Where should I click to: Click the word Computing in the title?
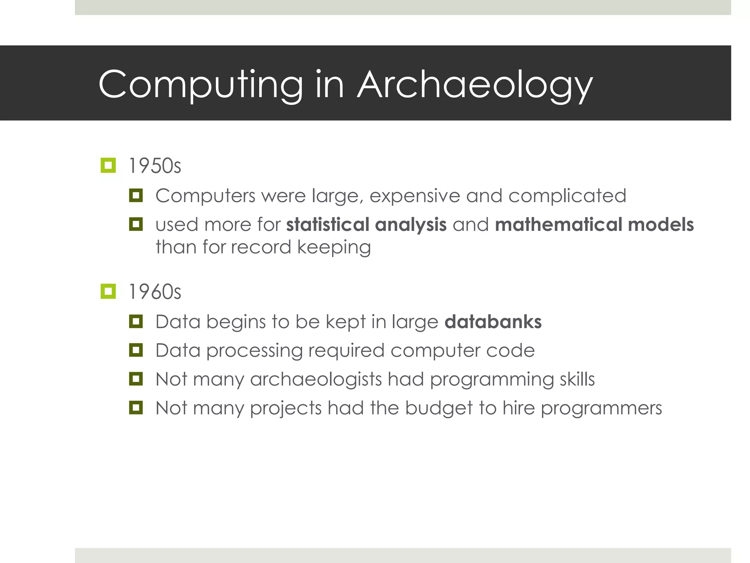[x=201, y=85]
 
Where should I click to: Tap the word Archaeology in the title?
[x=475, y=85]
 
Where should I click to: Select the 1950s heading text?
[x=155, y=166]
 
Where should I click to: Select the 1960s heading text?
[x=155, y=292]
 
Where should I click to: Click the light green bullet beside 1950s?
[x=108, y=165]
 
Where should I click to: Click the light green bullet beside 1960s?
[x=108, y=291]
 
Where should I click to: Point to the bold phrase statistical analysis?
[x=366, y=224]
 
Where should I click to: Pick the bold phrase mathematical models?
[x=594, y=224]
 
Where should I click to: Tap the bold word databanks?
[x=493, y=322]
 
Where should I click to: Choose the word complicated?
[x=567, y=196]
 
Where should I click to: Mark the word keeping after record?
[x=334, y=247]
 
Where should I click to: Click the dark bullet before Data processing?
[x=136, y=350]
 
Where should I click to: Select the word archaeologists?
[x=316, y=379]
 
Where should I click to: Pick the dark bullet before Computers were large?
[x=136, y=195]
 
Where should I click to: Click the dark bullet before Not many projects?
[x=136, y=407]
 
